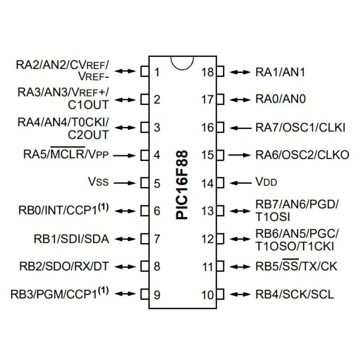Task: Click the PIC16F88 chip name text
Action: click(182, 185)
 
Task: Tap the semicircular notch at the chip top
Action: click(182, 62)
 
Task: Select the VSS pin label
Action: click(98, 183)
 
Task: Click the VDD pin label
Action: click(266, 183)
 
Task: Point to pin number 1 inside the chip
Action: click(157, 72)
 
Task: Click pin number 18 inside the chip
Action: click(208, 72)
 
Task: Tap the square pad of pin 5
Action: click(144, 183)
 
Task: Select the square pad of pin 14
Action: click(220, 183)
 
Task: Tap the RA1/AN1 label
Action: click(280, 72)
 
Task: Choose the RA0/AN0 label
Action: click(280, 99)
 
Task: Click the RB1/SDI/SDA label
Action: click(71, 239)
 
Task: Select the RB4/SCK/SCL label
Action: click(295, 295)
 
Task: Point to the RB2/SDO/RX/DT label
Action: click(64, 266)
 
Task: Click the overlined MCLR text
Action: click(68, 155)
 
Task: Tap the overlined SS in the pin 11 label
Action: click(291, 266)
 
